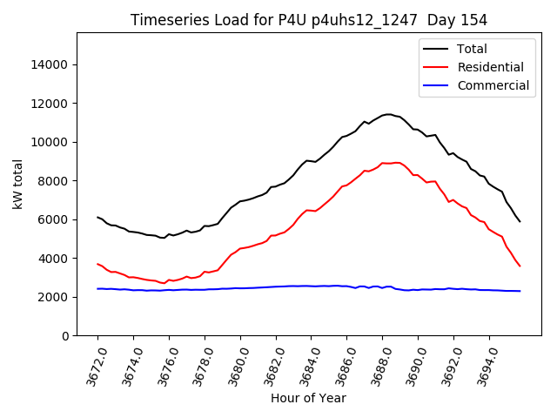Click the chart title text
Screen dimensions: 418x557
click(308, 19)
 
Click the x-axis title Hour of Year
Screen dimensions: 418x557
click(308, 398)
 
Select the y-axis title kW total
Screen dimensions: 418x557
click(18, 184)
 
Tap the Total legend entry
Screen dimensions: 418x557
click(473, 49)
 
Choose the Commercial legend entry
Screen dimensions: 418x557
click(493, 85)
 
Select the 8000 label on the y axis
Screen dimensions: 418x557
click(56, 181)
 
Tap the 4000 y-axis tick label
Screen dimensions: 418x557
click(56, 259)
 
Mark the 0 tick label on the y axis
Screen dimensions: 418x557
click(66, 336)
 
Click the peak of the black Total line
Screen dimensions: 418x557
click(389, 114)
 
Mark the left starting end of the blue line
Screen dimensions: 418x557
click(97, 288)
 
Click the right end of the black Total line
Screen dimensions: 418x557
click(520, 221)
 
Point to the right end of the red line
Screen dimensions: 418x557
click(520, 266)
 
